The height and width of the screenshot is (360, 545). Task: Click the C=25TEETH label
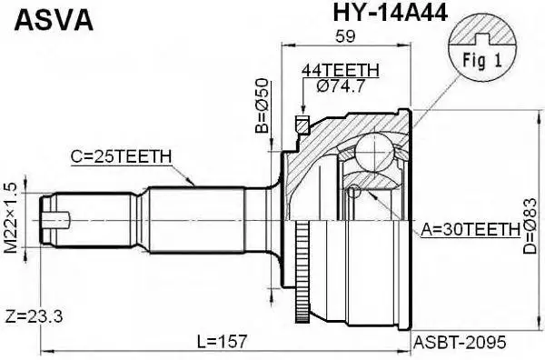tap(121, 156)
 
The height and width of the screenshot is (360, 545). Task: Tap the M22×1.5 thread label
tap(12, 216)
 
